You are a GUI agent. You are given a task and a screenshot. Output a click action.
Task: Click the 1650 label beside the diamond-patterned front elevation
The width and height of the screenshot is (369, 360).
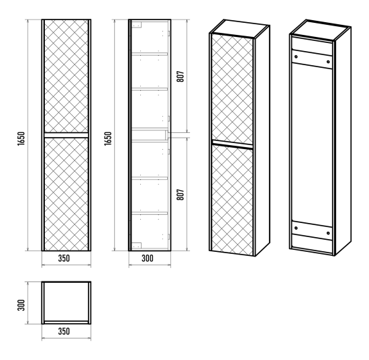21,138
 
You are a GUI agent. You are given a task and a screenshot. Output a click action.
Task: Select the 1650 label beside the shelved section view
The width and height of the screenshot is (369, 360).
108,138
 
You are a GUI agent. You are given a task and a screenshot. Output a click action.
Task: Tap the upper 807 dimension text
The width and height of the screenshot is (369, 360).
180,77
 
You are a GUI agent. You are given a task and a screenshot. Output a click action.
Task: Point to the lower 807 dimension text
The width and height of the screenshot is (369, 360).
180,195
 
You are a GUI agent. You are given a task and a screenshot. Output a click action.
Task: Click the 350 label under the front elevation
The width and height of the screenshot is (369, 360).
64,258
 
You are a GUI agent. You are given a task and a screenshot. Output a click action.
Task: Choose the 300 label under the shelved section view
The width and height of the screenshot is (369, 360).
148,258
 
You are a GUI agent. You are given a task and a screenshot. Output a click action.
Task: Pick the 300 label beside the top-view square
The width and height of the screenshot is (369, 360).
21,305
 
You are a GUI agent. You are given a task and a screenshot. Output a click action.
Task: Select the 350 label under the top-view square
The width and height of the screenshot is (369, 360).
64,331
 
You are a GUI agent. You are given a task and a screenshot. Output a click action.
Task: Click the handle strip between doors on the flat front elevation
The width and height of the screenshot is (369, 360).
66,135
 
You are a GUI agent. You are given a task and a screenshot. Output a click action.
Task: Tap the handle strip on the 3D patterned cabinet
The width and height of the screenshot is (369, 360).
232,144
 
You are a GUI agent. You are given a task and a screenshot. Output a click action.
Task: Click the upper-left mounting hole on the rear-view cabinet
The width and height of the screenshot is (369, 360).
296,57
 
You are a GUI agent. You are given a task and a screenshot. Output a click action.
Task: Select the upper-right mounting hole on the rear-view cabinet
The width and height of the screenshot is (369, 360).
328,62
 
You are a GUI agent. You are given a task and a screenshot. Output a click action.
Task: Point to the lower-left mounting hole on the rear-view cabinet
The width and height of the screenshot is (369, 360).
296,228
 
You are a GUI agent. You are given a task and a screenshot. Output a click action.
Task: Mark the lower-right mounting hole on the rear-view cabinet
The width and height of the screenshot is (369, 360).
328,233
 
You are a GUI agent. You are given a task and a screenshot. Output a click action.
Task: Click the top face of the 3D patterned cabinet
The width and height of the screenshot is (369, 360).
240,28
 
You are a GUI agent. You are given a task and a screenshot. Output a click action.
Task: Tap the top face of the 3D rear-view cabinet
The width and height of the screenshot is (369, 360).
320,30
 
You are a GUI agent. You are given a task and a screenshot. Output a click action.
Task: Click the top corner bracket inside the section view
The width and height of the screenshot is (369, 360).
137,25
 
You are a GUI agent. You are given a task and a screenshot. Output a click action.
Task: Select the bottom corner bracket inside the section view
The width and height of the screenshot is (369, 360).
137,246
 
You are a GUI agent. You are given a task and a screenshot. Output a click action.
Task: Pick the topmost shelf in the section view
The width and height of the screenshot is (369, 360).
150,54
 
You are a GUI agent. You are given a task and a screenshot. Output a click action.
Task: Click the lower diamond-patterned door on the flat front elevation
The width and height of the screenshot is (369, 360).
66,194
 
